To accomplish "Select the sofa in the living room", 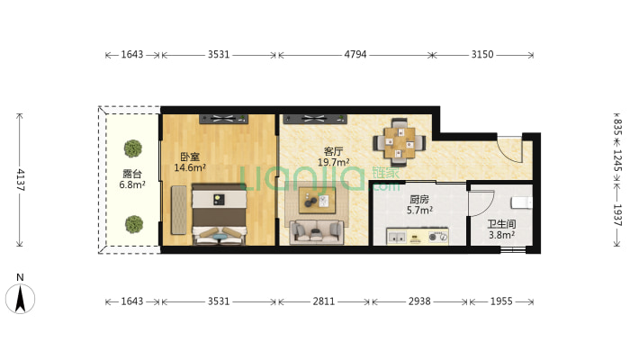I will coord(315,232).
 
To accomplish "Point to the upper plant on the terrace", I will coord(133,148).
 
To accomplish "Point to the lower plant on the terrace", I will coord(133,223).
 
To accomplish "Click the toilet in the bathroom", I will coord(521,203).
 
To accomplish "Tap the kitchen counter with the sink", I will coord(418,237).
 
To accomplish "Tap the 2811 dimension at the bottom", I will coord(322,301).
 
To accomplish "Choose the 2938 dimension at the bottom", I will coord(418,301).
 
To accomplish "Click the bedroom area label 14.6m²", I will coord(190,167).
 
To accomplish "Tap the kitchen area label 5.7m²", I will coord(419,210).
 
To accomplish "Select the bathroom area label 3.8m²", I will coord(501,236).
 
